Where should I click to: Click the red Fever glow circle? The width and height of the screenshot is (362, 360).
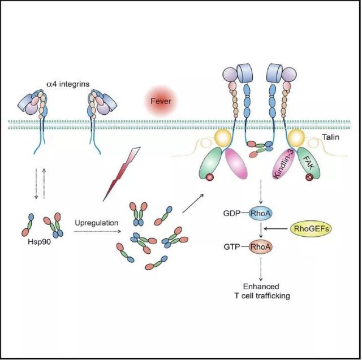pyautogui.click(x=161, y=101)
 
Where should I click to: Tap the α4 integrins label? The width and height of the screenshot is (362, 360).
pyautogui.click(x=68, y=84)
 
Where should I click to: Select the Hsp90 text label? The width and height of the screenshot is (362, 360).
pyautogui.click(x=39, y=242)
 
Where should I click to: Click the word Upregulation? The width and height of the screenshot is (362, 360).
pyautogui.click(x=97, y=223)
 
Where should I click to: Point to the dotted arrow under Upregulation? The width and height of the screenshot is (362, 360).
pyautogui.click(x=97, y=231)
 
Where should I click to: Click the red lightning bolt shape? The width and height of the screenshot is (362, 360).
pyautogui.click(x=122, y=174)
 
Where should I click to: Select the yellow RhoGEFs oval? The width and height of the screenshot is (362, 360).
pyautogui.click(x=311, y=228)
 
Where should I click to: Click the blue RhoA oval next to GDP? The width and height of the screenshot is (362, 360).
pyautogui.click(x=260, y=213)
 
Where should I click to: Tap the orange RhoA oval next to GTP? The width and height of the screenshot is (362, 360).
pyautogui.click(x=260, y=247)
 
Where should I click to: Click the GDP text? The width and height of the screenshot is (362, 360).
pyautogui.click(x=232, y=213)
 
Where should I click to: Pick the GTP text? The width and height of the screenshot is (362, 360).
pyautogui.click(x=232, y=247)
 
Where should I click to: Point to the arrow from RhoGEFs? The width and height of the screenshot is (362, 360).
pyautogui.click(x=277, y=228)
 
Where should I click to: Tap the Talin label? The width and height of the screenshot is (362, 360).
pyautogui.click(x=331, y=137)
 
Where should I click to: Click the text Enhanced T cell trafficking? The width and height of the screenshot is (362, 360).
pyautogui.click(x=262, y=291)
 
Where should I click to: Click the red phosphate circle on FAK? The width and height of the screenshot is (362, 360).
pyautogui.click(x=309, y=177)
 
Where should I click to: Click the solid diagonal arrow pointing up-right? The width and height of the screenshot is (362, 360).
pyautogui.click(x=193, y=203)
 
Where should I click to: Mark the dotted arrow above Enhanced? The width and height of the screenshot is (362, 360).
pyautogui.click(x=261, y=268)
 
